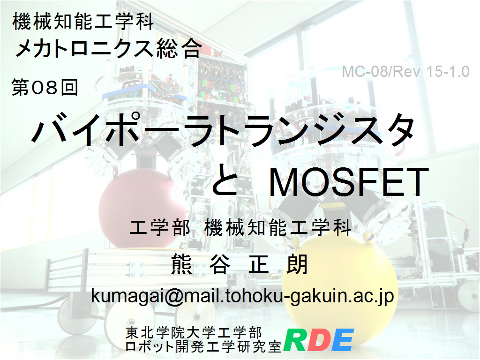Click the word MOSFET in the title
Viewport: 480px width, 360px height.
click(x=349, y=182)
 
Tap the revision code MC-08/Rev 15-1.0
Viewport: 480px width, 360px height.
click(x=405, y=72)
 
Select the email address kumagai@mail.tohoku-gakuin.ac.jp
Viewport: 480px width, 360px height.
click(x=242, y=296)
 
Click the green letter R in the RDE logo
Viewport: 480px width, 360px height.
click(x=295, y=340)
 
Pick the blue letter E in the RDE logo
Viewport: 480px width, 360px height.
click(x=343, y=340)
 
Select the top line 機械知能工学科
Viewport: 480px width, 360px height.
click(x=83, y=22)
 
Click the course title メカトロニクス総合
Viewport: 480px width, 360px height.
click(x=108, y=49)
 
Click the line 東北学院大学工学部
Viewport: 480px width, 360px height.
click(x=194, y=333)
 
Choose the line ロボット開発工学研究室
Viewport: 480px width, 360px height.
click(x=203, y=346)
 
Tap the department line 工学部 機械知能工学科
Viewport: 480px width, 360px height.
click(x=240, y=228)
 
